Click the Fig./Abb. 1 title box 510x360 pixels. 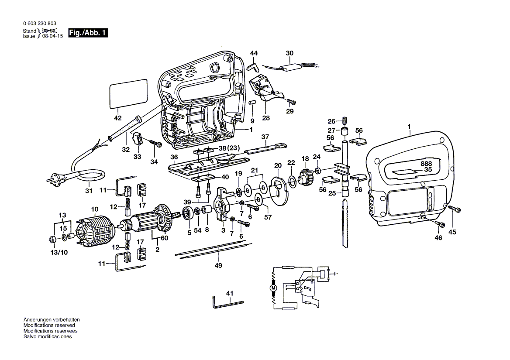tap(88, 33)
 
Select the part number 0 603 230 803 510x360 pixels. tap(40, 24)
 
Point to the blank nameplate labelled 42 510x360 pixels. tap(128, 93)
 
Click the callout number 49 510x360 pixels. tap(218, 265)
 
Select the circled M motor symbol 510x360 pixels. tap(273, 288)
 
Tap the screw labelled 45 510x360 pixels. tap(455, 209)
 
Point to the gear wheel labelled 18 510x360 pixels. tap(305, 177)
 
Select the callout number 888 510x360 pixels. tap(426, 164)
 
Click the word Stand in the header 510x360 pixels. tap(29, 31)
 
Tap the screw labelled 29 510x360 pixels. tap(292, 102)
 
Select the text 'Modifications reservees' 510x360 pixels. tap(50, 331)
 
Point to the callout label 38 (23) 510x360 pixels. tap(229, 148)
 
